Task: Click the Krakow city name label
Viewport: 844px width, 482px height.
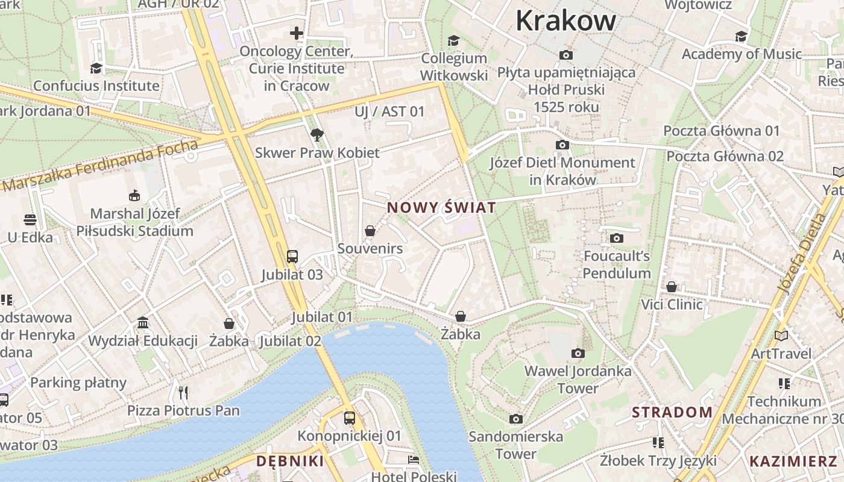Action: click(x=565, y=20)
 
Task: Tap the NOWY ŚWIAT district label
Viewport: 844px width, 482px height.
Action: click(x=441, y=208)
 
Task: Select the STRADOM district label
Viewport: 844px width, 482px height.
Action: click(x=672, y=413)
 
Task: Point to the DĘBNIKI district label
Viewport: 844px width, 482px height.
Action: click(x=290, y=462)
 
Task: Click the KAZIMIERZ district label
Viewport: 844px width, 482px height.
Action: click(x=793, y=462)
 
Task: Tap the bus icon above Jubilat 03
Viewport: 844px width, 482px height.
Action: click(x=292, y=256)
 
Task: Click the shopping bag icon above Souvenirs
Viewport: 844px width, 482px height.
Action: click(x=370, y=231)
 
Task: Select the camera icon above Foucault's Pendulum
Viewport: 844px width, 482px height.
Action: click(x=616, y=238)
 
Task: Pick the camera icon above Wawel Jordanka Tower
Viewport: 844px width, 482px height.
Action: click(x=578, y=353)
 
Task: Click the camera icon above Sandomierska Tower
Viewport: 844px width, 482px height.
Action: click(x=515, y=419)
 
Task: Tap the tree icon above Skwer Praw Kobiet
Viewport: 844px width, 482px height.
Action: click(x=317, y=134)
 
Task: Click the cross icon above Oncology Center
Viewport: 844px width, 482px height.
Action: click(x=297, y=33)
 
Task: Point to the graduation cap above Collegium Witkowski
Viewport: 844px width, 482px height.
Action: click(x=453, y=40)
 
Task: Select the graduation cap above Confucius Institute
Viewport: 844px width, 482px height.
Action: click(x=96, y=67)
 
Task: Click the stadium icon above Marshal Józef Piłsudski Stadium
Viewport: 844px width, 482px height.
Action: click(x=134, y=195)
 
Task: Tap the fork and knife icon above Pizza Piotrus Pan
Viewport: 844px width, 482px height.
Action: click(x=183, y=393)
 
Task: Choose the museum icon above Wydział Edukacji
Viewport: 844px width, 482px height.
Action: click(x=143, y=323)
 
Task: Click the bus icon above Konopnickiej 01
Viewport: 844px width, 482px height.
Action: click(x=349, y=418)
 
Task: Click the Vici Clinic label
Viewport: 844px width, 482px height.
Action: click(x=672, y=304)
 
